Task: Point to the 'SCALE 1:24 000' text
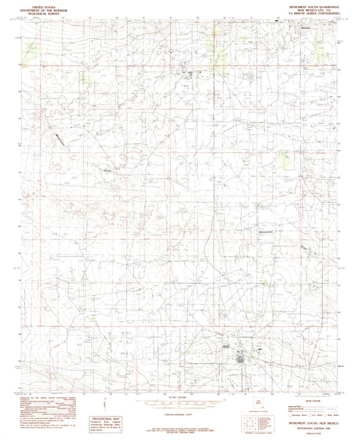point(179,396)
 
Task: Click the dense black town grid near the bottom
point(240,356)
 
